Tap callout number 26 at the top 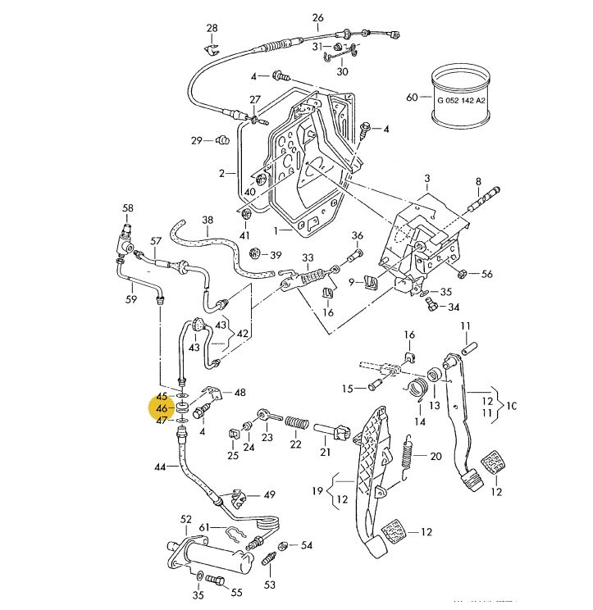click(318, 18)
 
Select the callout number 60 click(412, 98)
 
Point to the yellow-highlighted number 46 click(162, 407)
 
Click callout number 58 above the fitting click(128, 208)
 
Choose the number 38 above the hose click(207, 220)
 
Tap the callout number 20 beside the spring click(436, 457)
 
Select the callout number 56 click(487, 275)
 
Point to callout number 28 click(212, 29)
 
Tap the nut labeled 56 click(463, 273)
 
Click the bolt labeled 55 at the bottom click(217, 581)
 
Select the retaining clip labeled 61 click(235, 538)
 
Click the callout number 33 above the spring click(308, 257)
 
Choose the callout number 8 click(478, 181)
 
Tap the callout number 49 click(269, 494)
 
